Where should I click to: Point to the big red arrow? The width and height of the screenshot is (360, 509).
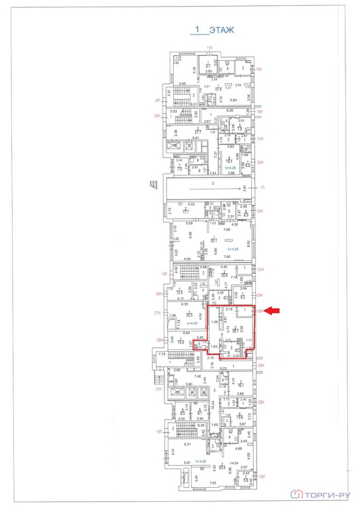tap(276, 310)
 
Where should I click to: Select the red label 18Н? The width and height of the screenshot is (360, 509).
tap(261, 68)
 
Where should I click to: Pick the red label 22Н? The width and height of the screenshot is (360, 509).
tap(261, 162)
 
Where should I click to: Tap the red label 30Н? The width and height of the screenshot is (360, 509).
tap(261, 365)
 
